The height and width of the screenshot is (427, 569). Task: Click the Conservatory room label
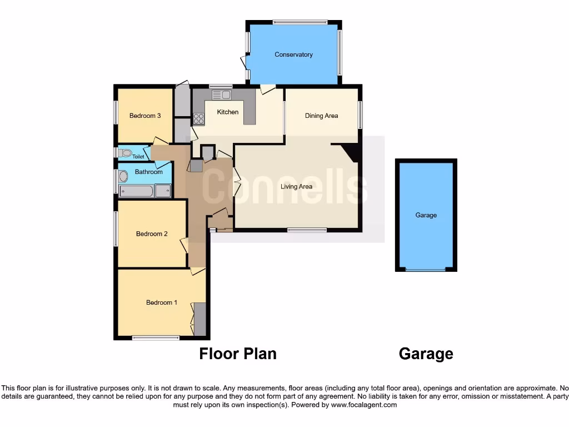293,54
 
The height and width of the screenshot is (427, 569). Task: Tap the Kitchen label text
227,112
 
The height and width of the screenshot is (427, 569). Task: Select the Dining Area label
321,116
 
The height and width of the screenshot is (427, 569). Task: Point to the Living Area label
296,187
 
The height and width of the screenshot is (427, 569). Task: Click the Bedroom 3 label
145,116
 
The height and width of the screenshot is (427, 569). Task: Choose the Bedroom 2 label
152,234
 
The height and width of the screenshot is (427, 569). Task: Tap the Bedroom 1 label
162,302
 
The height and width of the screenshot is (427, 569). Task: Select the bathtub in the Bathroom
136,191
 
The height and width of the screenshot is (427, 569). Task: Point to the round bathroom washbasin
123,176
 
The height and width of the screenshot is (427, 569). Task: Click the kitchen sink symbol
221,95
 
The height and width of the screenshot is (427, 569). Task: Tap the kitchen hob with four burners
198,118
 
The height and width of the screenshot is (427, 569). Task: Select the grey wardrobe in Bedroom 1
200,319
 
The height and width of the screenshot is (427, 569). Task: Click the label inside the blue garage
426,215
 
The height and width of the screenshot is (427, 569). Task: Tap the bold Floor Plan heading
238,354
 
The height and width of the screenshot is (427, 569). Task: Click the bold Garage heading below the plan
426,354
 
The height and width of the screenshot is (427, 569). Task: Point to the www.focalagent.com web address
363,405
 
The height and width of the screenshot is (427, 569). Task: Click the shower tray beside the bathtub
163,191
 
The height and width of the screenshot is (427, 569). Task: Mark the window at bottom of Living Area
307,230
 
